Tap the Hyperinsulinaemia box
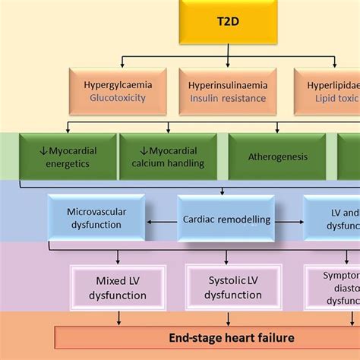(x=226, y=91)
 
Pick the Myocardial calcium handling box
(x=167, y=156)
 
